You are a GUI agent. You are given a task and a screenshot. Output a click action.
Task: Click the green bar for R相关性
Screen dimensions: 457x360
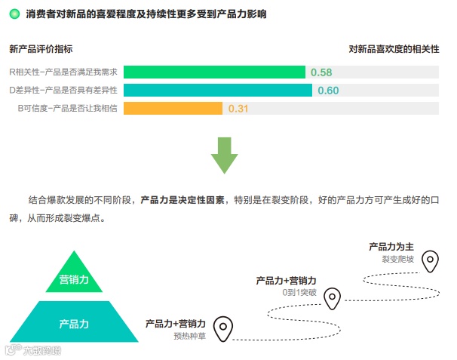click(x=214, y=72)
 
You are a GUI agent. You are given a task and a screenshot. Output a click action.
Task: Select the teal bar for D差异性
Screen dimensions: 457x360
click(x=218, y=91)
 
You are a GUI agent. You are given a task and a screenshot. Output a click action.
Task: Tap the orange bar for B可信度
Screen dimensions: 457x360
click(x=173, y=109)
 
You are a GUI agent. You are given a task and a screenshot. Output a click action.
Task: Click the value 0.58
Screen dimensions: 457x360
click(x=321, y=72)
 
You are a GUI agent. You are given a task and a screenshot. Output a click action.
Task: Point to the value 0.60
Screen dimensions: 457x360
click(x=328, y=91)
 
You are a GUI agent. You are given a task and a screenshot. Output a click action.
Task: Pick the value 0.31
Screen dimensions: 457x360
click(x=238, y=109)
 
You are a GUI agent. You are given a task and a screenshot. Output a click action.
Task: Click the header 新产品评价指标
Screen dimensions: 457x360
click(x=41, y=49)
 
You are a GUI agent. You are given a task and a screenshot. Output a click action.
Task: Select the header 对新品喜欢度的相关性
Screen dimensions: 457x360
click(x=394, y=49)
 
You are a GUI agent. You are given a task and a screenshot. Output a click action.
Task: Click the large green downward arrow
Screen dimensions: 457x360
click(x=224, y=154)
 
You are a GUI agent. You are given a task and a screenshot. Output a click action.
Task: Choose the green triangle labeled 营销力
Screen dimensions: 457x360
click(x=74, y=278)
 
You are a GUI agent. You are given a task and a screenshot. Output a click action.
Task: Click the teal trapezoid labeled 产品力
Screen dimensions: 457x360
click(x=74, y=323)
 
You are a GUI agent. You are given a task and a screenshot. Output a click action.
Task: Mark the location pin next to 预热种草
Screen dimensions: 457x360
click(x=222, y=329)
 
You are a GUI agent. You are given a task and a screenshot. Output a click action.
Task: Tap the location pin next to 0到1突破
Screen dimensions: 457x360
click(x=333, y=299)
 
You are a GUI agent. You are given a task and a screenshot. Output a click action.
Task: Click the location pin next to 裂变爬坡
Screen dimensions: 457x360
click(x=429, y=260)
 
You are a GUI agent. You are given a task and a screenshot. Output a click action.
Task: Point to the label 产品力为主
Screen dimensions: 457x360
click(x=391, y=247)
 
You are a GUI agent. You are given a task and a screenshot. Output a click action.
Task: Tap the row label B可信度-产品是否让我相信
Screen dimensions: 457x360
click(x=68, y=109)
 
